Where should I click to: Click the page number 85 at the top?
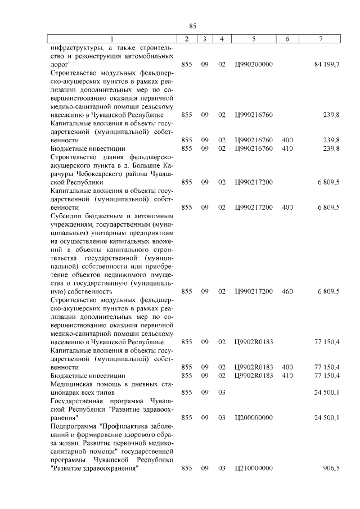pyautogui.click(x=192, y=26)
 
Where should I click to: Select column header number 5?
pyautogui.click(x=254, y=39)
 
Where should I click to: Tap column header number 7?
pyautogui.click(x=321, y=39)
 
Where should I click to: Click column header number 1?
pyautogui.click(x=111, y=39)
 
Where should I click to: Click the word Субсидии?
pyautogui.click(x=66, y=215)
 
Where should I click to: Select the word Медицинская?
pyautogui.click(x=73, y=384)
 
